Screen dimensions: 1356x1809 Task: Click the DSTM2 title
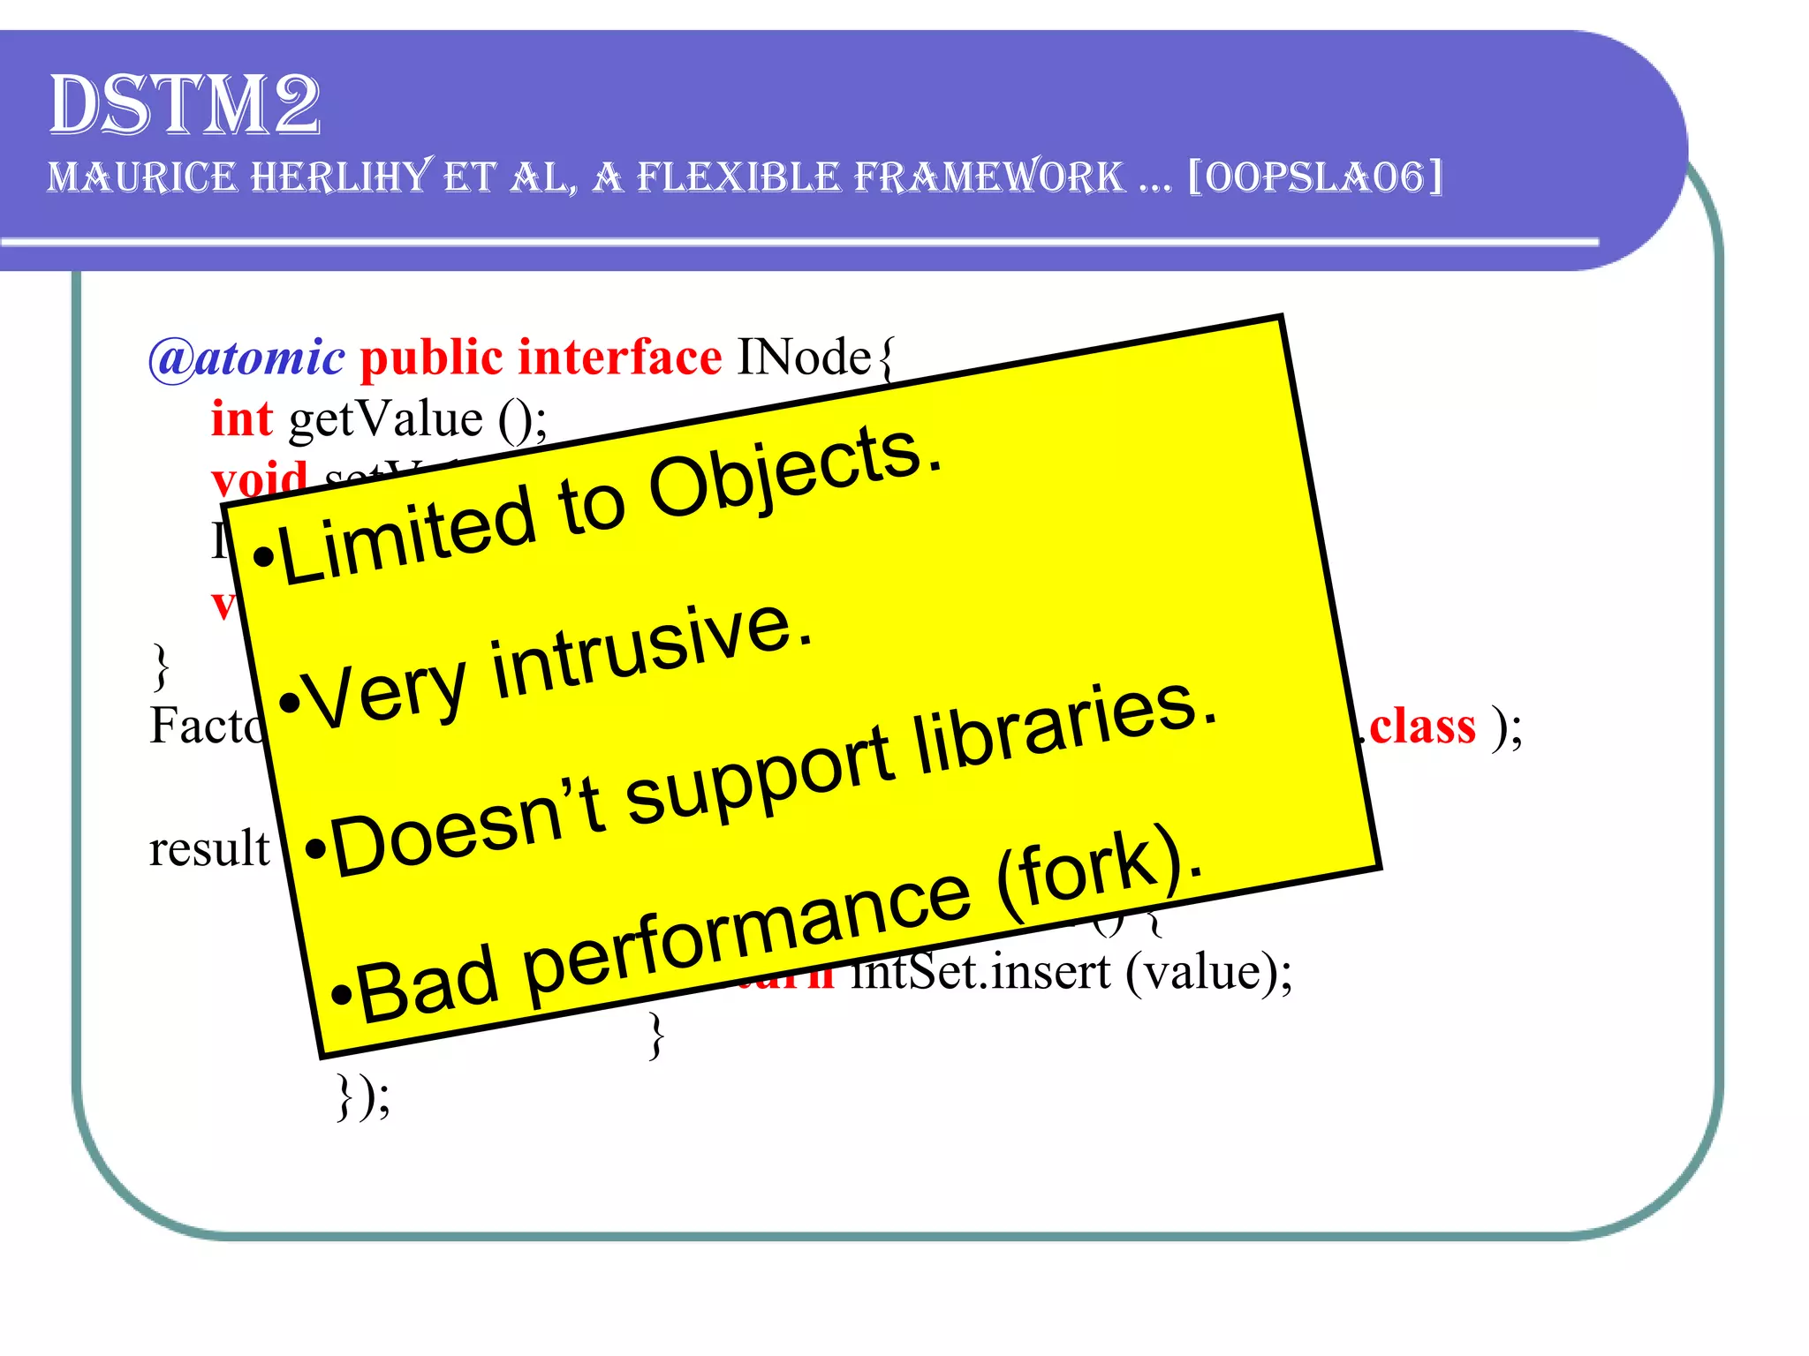[x=184, y=105]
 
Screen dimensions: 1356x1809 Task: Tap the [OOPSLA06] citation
[x=1315, y=177]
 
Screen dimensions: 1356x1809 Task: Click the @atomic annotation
[x=246, y=358]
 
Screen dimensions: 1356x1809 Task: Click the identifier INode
[x=804, y=358]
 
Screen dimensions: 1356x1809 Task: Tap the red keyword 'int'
[x=241, y=418]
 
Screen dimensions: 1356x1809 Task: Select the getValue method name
[x=386, y=418]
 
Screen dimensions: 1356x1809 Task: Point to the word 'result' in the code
[x=209, y=848]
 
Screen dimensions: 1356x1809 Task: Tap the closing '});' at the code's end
[x=363, y=1096]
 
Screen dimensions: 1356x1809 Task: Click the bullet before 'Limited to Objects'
[x=262, y=557]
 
